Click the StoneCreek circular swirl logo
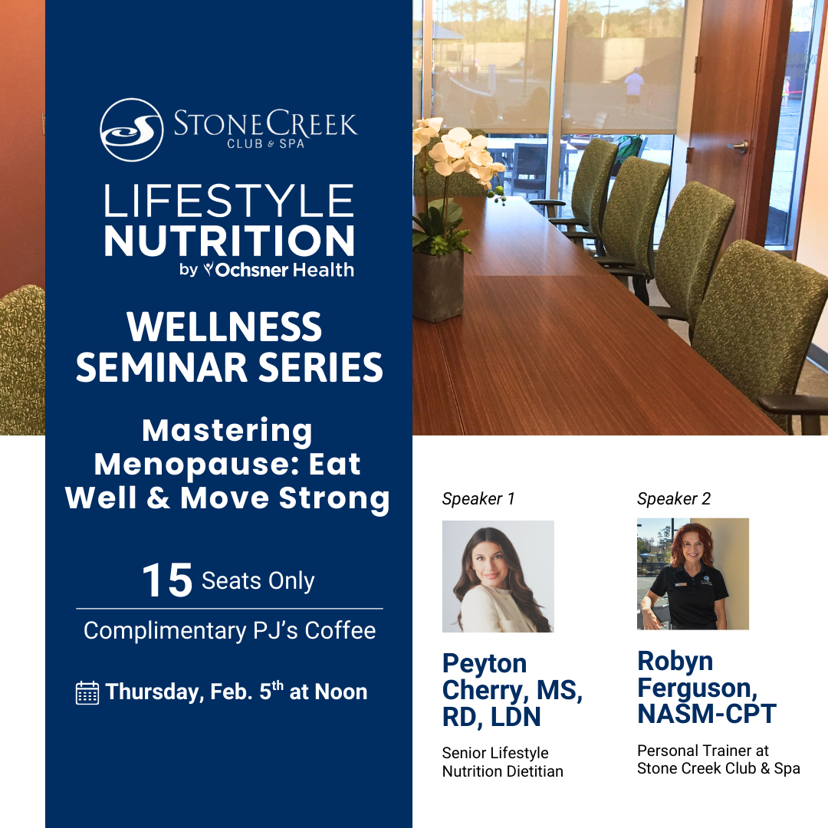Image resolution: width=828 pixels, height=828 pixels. point(132,130)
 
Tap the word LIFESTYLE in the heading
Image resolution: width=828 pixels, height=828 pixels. point(228,201)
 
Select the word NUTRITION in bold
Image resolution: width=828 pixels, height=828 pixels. point(229,241)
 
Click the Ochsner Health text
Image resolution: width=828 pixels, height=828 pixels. point(284,270)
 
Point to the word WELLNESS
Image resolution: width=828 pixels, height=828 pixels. point(225,327)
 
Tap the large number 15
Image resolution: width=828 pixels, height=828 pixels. point(167,580)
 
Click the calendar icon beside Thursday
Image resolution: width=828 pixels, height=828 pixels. point(87,693)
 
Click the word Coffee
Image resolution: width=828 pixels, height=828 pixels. point(340,630)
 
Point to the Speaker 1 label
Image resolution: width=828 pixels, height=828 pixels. point(478,498)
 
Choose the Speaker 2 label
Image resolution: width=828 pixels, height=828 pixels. point(674,498)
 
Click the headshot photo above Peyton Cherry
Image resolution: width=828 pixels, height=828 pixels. point(498,576)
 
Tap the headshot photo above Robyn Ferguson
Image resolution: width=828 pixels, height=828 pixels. point(693,574)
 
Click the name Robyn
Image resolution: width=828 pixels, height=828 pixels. point(675,662)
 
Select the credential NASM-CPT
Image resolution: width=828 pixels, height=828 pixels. point(707,714)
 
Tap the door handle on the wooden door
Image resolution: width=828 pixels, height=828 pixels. point(739,146)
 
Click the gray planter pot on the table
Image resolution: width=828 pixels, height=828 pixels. point(438,285)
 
